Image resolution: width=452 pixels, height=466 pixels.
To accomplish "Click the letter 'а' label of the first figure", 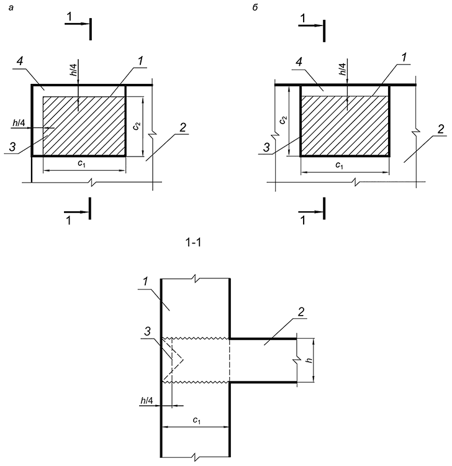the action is (11, 8).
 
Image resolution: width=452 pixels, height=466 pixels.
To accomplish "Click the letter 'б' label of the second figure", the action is (255, 7).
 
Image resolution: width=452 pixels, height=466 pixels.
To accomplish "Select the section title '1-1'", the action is (193, 243).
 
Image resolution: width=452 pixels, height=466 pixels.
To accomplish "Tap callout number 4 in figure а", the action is (20, 62).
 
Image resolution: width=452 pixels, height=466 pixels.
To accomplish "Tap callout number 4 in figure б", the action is (299, 62).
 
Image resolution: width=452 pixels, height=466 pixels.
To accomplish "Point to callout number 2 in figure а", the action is (183, 127).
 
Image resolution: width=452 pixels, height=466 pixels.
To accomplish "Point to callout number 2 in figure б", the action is (441, 129).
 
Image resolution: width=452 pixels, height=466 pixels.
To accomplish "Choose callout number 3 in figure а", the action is (12, 147).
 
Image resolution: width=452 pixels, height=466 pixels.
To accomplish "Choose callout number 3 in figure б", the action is (266, 147).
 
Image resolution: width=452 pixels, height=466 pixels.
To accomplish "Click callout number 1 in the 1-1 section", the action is (145, 281).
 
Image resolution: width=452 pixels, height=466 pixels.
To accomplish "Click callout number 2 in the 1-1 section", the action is (301, 312).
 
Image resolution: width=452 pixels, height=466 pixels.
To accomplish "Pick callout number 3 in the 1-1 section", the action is (148, 331).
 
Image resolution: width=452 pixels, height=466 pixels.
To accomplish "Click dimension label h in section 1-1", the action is (309, 360).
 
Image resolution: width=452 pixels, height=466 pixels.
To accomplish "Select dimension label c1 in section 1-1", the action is (196, 420).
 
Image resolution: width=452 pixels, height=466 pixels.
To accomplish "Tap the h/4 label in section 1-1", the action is (147, 401).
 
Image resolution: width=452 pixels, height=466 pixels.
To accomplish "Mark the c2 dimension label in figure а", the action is (136, 126).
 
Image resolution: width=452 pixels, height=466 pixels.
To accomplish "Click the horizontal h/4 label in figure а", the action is (19, 123).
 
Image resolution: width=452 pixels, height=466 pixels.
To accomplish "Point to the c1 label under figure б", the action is (339, 165).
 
